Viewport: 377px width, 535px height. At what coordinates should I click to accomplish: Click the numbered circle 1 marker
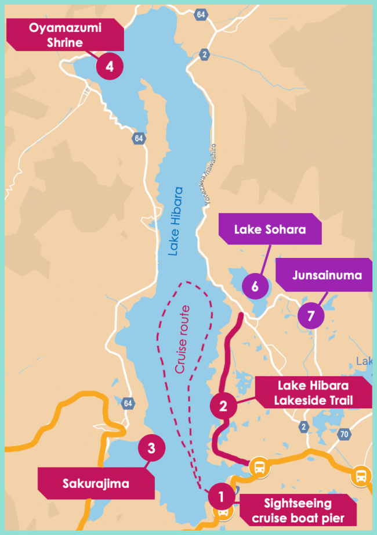tap(220, 496)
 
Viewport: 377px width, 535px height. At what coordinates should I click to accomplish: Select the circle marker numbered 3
tap(151, 448)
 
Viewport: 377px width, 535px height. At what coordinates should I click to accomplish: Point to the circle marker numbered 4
tap(109, 67)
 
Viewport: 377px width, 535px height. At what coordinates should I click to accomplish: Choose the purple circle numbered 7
tap(311, 316)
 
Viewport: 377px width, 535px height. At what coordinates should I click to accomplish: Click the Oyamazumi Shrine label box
tap(65, 34)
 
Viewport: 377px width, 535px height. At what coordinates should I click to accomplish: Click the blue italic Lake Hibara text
tap(175, 221)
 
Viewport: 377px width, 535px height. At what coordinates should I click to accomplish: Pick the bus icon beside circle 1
tap(223, 514)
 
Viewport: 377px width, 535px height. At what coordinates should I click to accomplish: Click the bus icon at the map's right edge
tap(362, 476)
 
